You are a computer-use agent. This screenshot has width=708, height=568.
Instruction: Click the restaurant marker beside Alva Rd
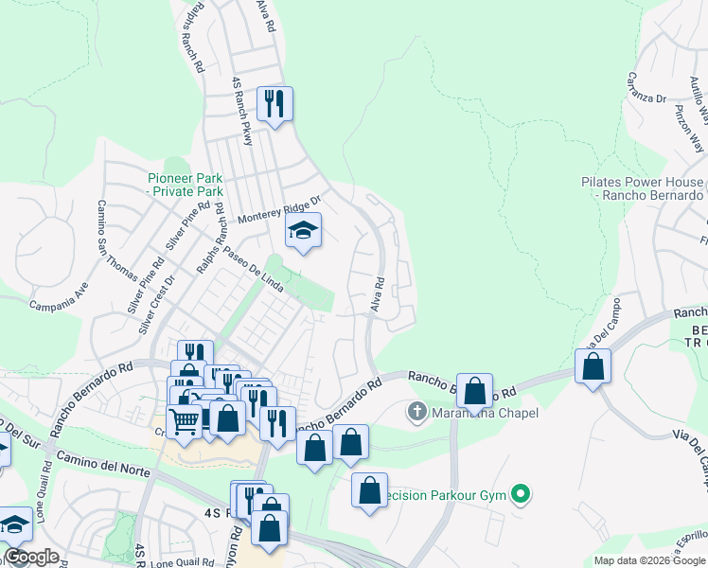pyautogui.click(x=274, y=104)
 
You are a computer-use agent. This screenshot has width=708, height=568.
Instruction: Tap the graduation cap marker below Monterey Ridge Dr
pyautogui.click(x=303, y=230)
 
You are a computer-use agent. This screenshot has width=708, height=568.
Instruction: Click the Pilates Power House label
pyautogui.click(x=643, y=188)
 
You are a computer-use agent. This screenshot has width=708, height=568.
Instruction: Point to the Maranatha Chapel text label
pyautogui.click(x=485, y=413)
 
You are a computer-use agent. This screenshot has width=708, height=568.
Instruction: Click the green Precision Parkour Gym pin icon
pyautogui.click(x=519, y=493)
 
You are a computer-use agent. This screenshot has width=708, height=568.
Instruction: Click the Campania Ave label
pyautogui.click(x=59, y=305)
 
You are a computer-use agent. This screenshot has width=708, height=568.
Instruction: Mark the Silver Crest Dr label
pyautogui.click(x=158, y=304)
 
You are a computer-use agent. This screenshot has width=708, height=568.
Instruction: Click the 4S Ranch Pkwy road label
pyautogui.click(x=242, y=112)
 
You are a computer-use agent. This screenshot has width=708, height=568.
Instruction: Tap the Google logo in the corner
pyautogui.click(x=32, y=557)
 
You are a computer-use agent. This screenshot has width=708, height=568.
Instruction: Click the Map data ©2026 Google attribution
pyautogui.click(x=648, y=560)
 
